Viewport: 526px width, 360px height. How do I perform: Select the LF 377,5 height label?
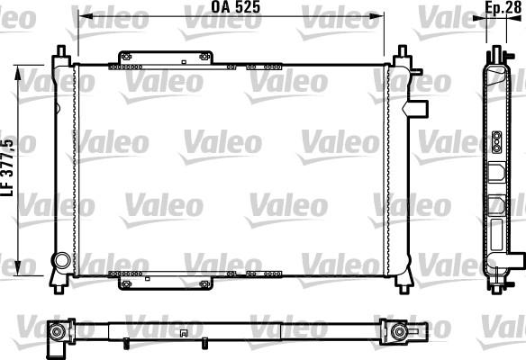[8, 166]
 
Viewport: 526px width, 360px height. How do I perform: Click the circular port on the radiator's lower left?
[61, 261]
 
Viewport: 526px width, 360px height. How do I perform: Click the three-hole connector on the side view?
[496, 140]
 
